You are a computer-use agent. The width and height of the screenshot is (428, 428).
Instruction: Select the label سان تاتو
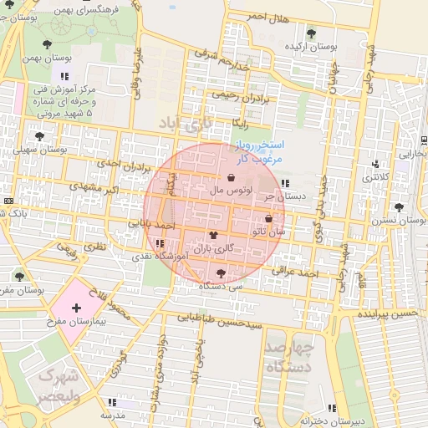(271, 230)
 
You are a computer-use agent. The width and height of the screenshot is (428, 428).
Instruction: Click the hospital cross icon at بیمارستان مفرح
(77, 308)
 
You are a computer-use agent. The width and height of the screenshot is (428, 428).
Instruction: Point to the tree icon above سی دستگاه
(221, 273)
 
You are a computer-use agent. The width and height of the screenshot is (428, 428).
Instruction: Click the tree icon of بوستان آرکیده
(311, 33)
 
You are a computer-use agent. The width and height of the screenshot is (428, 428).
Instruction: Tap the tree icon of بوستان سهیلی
(38, 135)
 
